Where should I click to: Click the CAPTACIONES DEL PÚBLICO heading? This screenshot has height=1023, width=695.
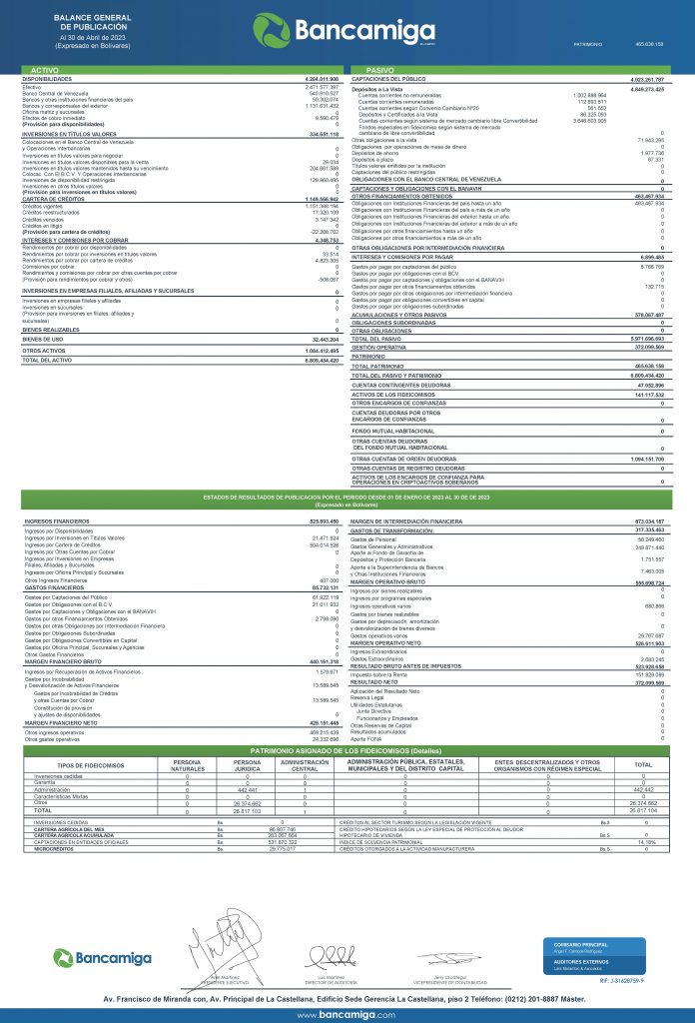tap(388, 77)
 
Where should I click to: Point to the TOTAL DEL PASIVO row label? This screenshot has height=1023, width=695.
tap(374, 339)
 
